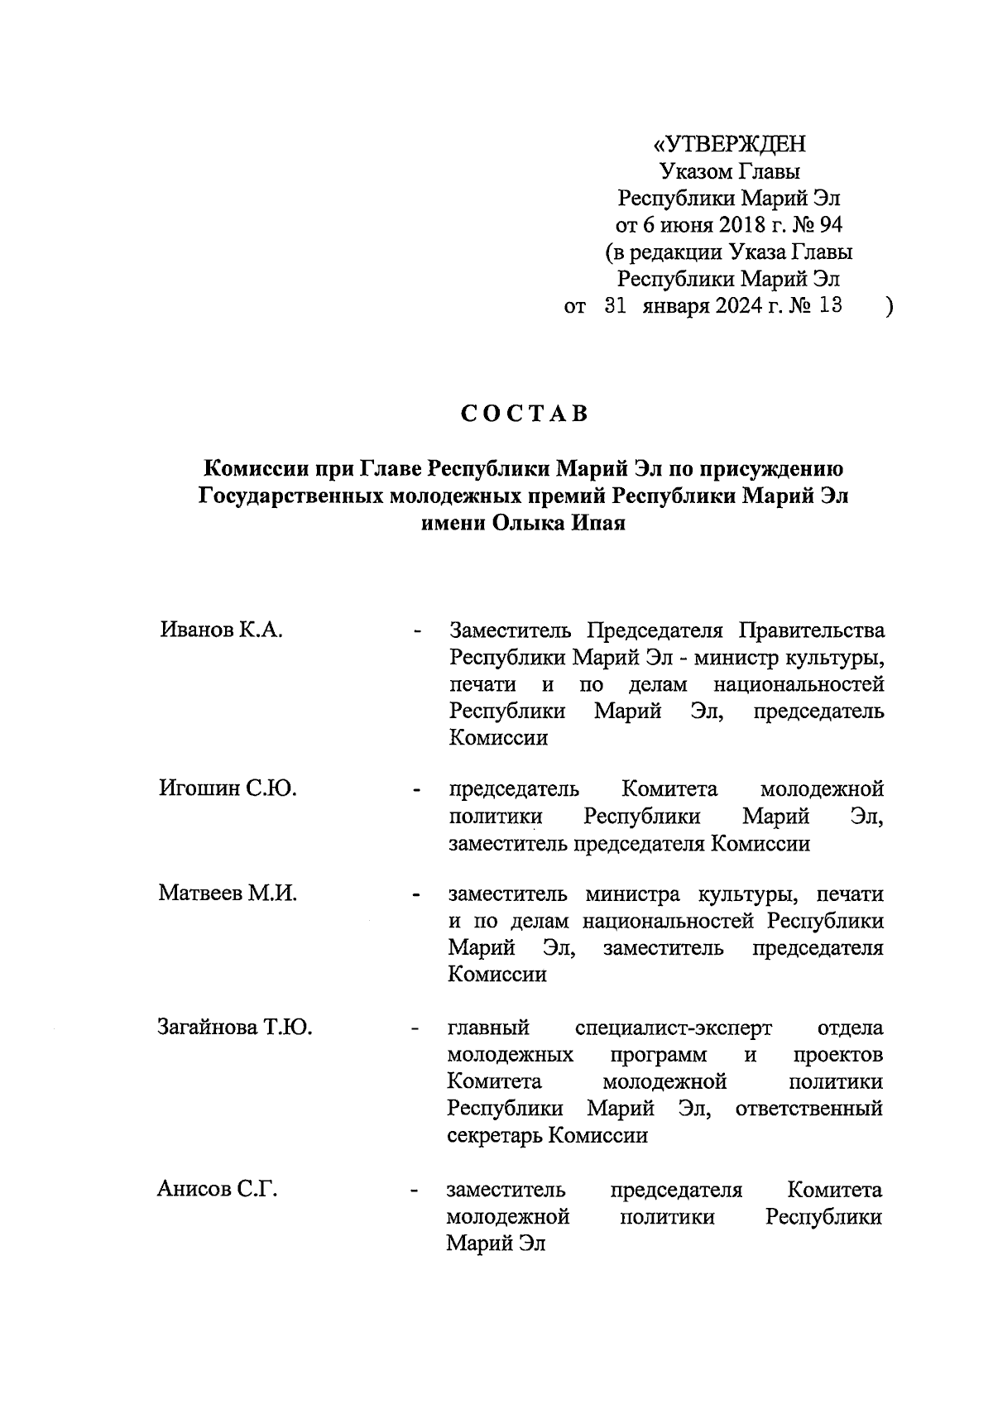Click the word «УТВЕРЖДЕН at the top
tap(729, 145)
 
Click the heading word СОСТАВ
tap(525, 414)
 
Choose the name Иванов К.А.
tap(222, 631)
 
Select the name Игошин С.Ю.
tap(228, 788)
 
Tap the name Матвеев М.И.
tap(228, 894)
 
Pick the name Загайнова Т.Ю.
tap(235, 1028)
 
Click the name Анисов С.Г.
tap(217, 1190)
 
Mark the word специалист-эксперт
tap(674, 1028)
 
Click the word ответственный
tap(808, 1109)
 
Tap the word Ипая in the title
tap(595, 525)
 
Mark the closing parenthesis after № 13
tap(888, 308)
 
